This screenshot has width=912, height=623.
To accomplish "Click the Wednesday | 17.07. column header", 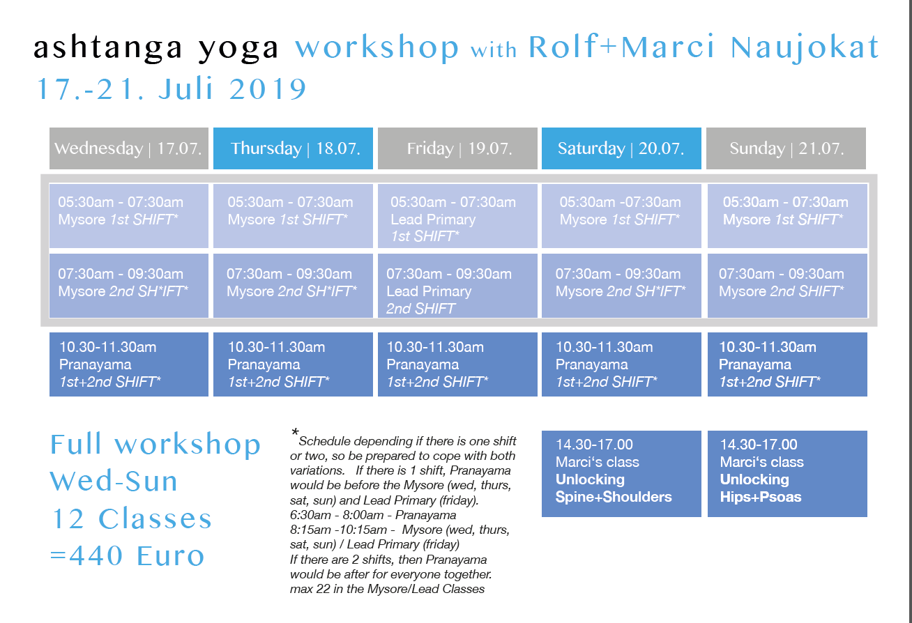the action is click(129, 148).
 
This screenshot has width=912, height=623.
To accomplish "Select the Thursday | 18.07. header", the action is click(293, 148).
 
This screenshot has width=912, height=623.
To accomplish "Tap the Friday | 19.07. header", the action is click(457, 148).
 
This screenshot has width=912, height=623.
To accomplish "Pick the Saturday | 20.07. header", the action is click(621, 148).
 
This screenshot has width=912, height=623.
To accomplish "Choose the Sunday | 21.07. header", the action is click(786, 148).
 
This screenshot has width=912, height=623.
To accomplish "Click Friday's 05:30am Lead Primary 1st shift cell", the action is click(457, 215).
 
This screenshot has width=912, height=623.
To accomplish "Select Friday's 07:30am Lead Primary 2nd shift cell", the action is click(457, 286).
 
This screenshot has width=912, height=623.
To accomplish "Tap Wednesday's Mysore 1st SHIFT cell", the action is click(129, 215).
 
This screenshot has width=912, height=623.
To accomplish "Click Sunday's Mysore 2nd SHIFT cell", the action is click(787, 286).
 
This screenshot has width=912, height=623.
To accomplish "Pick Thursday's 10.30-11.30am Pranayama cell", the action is click(293, 364).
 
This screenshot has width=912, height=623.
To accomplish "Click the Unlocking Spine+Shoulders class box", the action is click(621, 474).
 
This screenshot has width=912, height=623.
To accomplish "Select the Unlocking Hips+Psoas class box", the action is click(787, 474).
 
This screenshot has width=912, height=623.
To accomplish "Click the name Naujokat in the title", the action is click(805, 47).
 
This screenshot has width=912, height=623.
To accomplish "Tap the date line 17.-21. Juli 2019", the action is click(172, 89).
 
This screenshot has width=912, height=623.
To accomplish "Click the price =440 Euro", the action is click(127, 555).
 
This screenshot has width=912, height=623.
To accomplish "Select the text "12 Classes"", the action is click(132, 518).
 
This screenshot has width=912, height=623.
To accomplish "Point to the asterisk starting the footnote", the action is click(295, 432).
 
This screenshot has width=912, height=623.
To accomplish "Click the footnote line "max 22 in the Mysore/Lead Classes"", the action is click(387, 589).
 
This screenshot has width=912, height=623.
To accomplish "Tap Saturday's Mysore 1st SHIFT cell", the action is click(621, 215).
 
